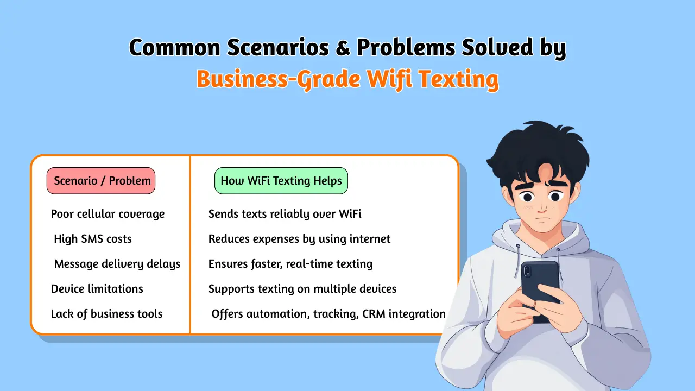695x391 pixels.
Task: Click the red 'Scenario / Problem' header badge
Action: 102,181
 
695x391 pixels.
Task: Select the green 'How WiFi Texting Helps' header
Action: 281,181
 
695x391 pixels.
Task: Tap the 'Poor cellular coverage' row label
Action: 108,214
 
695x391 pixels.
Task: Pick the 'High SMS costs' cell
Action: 93,239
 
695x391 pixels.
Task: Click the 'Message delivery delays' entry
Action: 117,264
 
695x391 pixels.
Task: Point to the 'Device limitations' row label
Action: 97,289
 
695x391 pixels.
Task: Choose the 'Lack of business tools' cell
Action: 107,314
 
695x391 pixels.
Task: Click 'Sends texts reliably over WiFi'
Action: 285,214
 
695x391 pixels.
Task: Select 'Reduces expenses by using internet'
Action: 299,239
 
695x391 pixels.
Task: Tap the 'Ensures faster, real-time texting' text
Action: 290,264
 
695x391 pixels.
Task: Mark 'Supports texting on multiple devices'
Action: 302,289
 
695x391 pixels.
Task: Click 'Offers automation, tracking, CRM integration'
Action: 328,314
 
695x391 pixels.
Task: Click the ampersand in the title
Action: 343,48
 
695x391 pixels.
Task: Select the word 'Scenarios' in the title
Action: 277,48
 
